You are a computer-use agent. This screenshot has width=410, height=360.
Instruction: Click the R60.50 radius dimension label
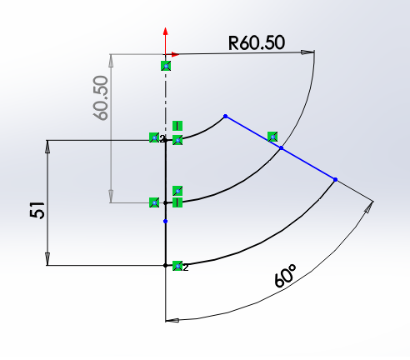(x=257, y=42)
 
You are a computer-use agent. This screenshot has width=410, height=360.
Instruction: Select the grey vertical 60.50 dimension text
(x=101, y=97)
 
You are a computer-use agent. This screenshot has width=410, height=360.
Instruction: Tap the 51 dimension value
(x=37, y=210)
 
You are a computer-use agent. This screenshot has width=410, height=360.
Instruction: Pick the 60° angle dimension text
(x=285, y=276)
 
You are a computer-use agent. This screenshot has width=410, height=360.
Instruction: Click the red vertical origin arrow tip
(x=166, y=27)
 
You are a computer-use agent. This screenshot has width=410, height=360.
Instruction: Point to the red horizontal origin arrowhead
(x=176, y=54)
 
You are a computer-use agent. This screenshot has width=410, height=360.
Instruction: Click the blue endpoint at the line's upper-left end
(x=225, y=116)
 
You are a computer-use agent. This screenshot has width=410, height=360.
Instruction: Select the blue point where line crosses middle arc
(x=282, y=148)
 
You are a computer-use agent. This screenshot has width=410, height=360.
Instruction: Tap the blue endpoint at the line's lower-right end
(x=335, y=180)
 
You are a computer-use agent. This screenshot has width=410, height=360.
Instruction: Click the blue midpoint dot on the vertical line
(x=166, y=221)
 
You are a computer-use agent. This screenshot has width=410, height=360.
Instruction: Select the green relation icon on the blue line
(x=272, y=137)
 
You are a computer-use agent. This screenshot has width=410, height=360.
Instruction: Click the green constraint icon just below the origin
(x=166, y=66)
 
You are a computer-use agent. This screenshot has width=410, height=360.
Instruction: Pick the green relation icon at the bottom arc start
(x=177, y=266)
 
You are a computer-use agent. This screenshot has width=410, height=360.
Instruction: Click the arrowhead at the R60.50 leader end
(x=308, y=52)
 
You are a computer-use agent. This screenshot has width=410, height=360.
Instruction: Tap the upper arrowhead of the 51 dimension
(x=47, y=147)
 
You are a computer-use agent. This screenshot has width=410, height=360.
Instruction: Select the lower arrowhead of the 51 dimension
(x=47, y=259)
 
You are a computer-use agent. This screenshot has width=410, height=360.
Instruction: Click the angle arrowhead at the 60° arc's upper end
(x=369, y=207)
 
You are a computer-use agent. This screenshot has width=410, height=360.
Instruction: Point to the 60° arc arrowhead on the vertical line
(x=172, y=320)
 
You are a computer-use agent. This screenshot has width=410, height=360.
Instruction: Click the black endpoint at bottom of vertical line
(x=166, y=266)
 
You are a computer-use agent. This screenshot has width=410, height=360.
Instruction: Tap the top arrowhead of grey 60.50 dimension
(x=111, y=61)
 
